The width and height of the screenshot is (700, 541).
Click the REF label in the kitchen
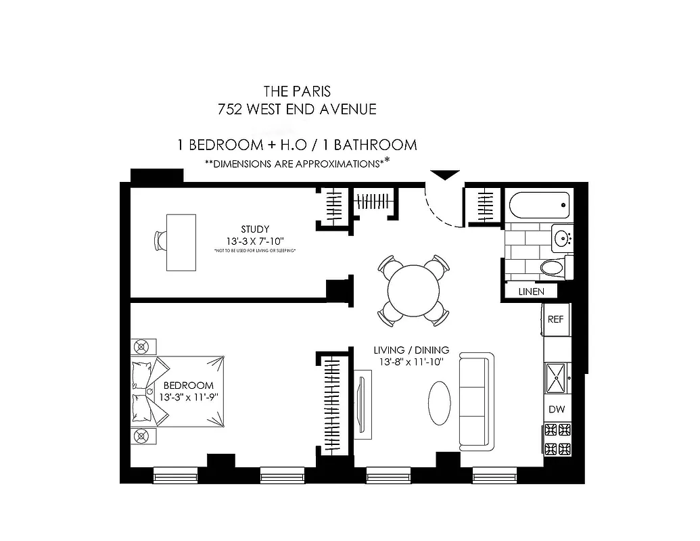click(555, 319)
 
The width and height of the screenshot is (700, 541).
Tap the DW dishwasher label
click(556, 410)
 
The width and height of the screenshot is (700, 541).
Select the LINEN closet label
click(532, 291)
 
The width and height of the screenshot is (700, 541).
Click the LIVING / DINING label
click(411, 350)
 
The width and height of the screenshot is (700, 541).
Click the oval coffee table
click(440, 403)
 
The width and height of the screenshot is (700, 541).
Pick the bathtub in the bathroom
click(538, 201)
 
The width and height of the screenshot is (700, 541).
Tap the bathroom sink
click(561, 238)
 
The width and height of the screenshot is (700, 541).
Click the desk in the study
click(181, 242)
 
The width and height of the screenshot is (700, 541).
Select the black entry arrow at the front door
click(445, 175)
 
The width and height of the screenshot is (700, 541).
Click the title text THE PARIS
click(296, 90)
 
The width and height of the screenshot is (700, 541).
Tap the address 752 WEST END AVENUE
click(296, 108)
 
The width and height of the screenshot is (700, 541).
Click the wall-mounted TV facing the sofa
click(362, 404)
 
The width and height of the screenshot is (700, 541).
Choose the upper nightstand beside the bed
click(141, 347)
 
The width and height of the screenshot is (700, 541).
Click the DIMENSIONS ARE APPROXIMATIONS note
click(297, 163)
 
